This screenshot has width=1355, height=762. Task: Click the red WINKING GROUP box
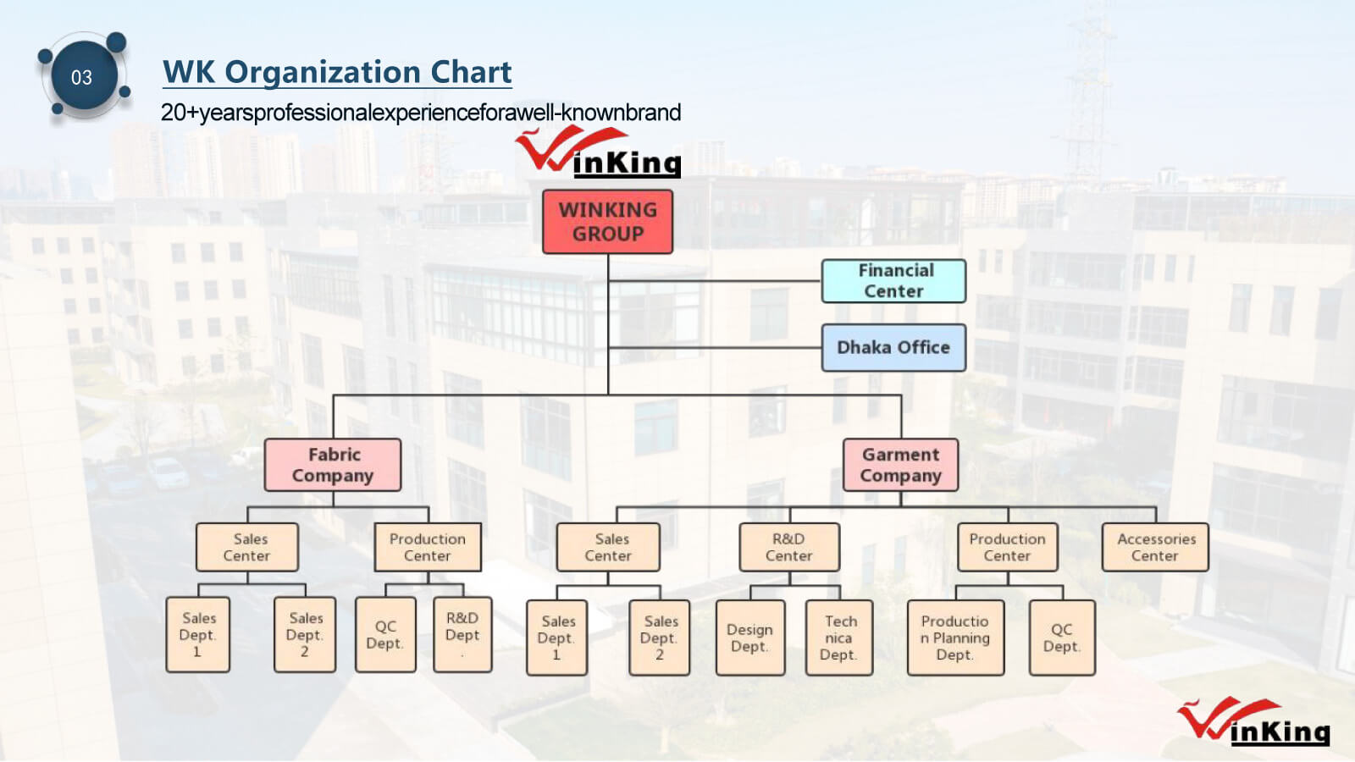tap(607, 222)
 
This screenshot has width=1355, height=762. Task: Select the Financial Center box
tap(893, 281)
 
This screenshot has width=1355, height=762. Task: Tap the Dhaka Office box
tap(893, 347)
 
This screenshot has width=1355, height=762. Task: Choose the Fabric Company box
tap(333, 465)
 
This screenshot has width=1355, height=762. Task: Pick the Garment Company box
tap(900, 465)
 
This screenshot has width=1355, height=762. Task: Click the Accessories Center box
tap(1155, 547)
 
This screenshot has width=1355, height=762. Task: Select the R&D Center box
tap(789, 547)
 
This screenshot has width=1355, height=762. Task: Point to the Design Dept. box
tap(749, 638)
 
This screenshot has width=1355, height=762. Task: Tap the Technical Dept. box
tap(838, 638)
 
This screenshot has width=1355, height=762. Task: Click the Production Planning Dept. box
tap(955, 638)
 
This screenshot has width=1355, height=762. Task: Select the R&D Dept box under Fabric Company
tap(462, 634)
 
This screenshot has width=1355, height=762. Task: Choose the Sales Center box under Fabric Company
tap(247, 547)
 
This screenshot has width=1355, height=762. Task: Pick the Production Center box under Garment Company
tap(1007, 547)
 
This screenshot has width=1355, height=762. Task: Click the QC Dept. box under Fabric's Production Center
tap(385, 634)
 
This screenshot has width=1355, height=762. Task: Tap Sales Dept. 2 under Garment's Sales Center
tap(659, 638)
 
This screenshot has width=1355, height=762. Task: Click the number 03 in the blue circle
tap(81, 78)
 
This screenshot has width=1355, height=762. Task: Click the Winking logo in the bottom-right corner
tap(1253, 722)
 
